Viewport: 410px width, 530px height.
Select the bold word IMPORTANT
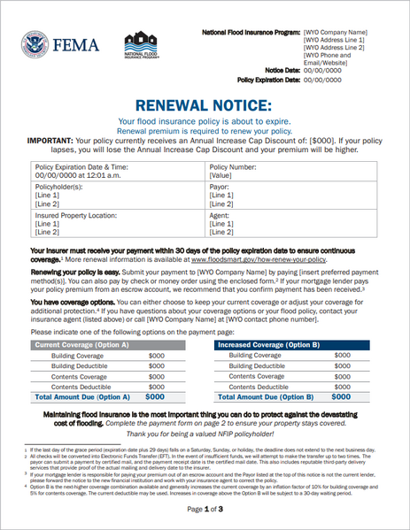coord(56,140)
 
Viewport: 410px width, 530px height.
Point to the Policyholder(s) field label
coord(59,188)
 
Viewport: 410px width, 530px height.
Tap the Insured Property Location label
coord(76,215)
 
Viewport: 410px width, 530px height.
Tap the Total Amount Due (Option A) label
coord(81,397)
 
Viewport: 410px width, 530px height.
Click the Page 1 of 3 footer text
coord(205,511)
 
